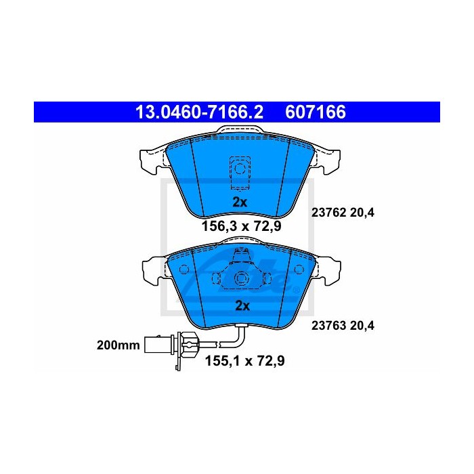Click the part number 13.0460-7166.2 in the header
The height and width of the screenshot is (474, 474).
200,112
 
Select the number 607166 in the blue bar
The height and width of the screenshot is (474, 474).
316,112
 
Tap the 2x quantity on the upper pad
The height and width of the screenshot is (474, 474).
240,202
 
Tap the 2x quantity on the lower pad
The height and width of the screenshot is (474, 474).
242,306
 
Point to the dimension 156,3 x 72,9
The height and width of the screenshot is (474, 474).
241,225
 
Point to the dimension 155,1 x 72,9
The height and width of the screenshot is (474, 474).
245,361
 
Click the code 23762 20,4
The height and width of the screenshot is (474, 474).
343,213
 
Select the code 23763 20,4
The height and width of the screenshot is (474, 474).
343,326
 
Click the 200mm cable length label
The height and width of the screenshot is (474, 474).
118,345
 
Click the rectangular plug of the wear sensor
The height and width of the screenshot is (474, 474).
158,344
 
